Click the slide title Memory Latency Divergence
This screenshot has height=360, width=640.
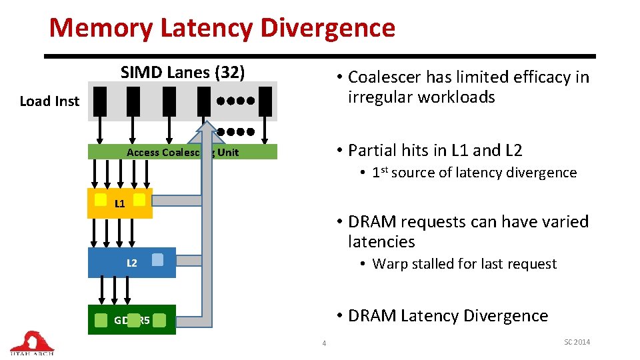point(222,28)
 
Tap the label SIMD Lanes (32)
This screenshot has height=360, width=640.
point(183,72)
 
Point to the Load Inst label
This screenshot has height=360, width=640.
point(49,101)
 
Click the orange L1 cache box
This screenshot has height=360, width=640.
point(120,203)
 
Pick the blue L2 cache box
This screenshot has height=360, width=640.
point(132,263)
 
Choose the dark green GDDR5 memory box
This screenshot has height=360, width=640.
point(132,320)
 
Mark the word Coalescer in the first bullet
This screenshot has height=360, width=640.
point(384,77)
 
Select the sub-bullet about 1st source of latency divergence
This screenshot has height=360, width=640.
point(474,173)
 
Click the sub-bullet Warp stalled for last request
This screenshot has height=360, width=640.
point(464,264)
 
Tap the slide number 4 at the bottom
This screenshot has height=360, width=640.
point(324,343)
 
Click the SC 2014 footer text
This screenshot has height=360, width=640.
point(577,342)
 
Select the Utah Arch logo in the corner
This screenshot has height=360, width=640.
point(31,343)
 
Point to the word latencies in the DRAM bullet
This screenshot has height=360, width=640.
point(381,241)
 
